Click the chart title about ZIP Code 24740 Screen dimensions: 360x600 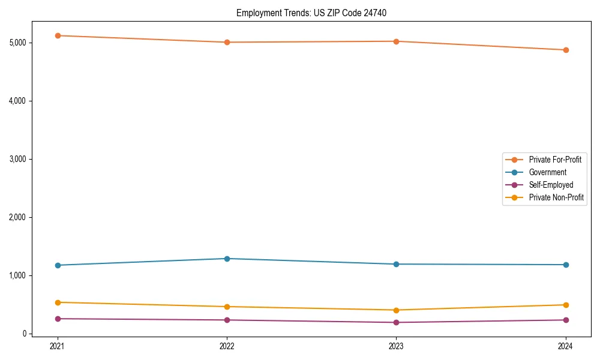tap(316, 13)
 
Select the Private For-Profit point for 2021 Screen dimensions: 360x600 tap(58, 35)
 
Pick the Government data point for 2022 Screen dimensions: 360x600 tap(227, 259)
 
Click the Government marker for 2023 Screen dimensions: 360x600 tap(396, 264)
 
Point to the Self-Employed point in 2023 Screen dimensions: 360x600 tap(396, 322)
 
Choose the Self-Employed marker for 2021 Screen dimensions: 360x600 tap(58, 319)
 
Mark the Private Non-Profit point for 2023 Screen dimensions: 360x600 tap(396, 310)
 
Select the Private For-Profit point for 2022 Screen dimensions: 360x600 tap(227, 42)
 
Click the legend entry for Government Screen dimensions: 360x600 tap(547, 172)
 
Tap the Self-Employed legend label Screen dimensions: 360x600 tap(551, 185)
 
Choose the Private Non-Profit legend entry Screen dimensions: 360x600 tap(556, 197)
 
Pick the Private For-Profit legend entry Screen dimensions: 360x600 tap(555, 160)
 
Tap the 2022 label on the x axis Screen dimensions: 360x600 tap(227, 346)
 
